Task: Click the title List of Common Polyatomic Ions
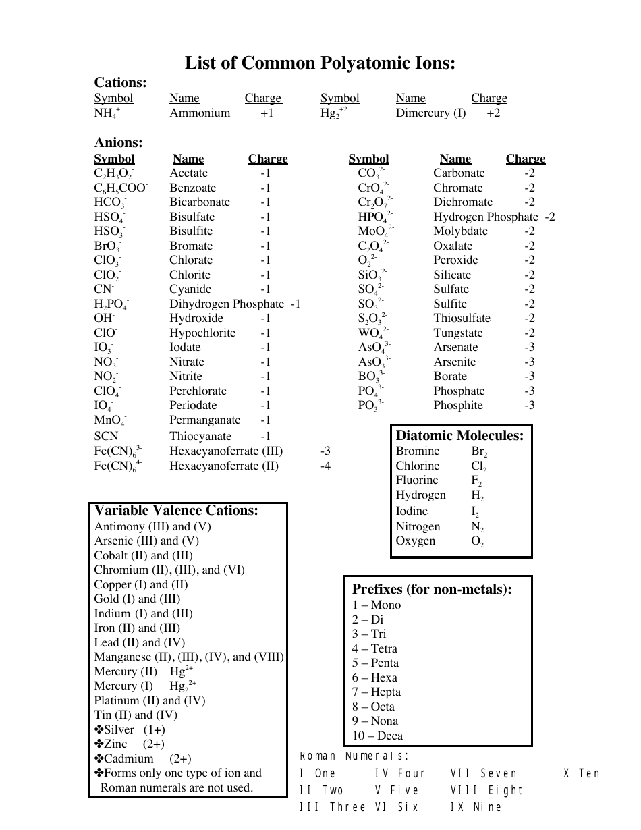(320, 63)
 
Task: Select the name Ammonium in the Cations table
(200, 113)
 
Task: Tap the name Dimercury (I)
(430, 113)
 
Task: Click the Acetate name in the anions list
(189, 173)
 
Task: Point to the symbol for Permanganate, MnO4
(110, 421)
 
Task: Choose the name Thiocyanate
(200, 437)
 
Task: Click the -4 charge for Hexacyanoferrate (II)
(325, 466)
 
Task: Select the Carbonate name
(459, 173)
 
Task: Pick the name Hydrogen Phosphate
(485, 217)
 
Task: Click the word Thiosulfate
(462, 319)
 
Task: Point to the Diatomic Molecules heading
(459, 436)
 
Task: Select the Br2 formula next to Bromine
(479, 452)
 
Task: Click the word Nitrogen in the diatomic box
(418, 527)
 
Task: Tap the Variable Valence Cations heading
(176, 511)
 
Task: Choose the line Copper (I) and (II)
(141, 585)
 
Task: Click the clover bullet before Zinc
(99, 744)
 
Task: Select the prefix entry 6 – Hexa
(374, 678)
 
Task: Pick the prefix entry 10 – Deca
(377, 736)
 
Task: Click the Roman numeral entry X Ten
(582, 774)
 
